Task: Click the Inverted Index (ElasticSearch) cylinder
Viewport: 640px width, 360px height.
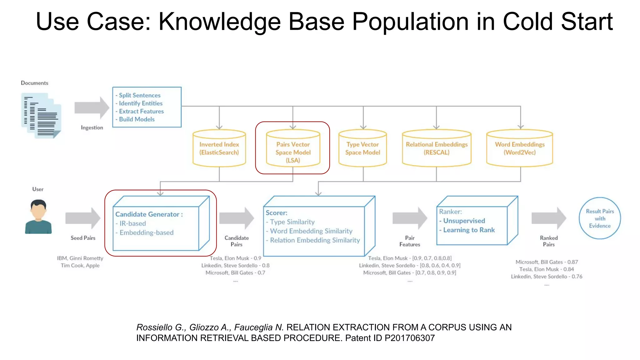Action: [x=219, y=148]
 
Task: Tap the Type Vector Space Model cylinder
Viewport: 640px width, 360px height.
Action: [x=362, y=148]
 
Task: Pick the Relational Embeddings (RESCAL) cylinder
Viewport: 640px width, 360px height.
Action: [x=437, y=148]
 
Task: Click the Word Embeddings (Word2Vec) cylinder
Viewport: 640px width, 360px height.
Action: [x=519, y=148]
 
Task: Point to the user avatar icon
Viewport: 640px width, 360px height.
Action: [x=38, y=217]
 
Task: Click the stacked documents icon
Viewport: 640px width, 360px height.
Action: [x=41, y=116]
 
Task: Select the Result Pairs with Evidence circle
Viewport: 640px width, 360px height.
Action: [x=600, y=218]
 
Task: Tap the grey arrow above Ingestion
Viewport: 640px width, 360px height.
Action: [x=92, y=108]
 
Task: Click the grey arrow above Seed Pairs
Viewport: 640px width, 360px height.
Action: [x=83, y=218]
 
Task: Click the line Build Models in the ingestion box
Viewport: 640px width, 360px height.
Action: [x=137, y=119]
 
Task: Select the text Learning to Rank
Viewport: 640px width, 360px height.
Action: [x=469, y=230]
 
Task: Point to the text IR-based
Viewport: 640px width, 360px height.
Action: [x=132, y=223]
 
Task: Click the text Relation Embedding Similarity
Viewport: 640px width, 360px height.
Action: [x=315, y=240]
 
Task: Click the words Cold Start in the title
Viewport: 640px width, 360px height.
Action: [x=557, y=22]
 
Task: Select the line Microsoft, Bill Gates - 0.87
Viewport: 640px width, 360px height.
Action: [x=547, y=262]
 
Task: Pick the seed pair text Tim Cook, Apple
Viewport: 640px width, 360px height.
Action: [x=80, y=266]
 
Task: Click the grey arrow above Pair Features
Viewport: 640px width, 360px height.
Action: [x=410, y=218]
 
